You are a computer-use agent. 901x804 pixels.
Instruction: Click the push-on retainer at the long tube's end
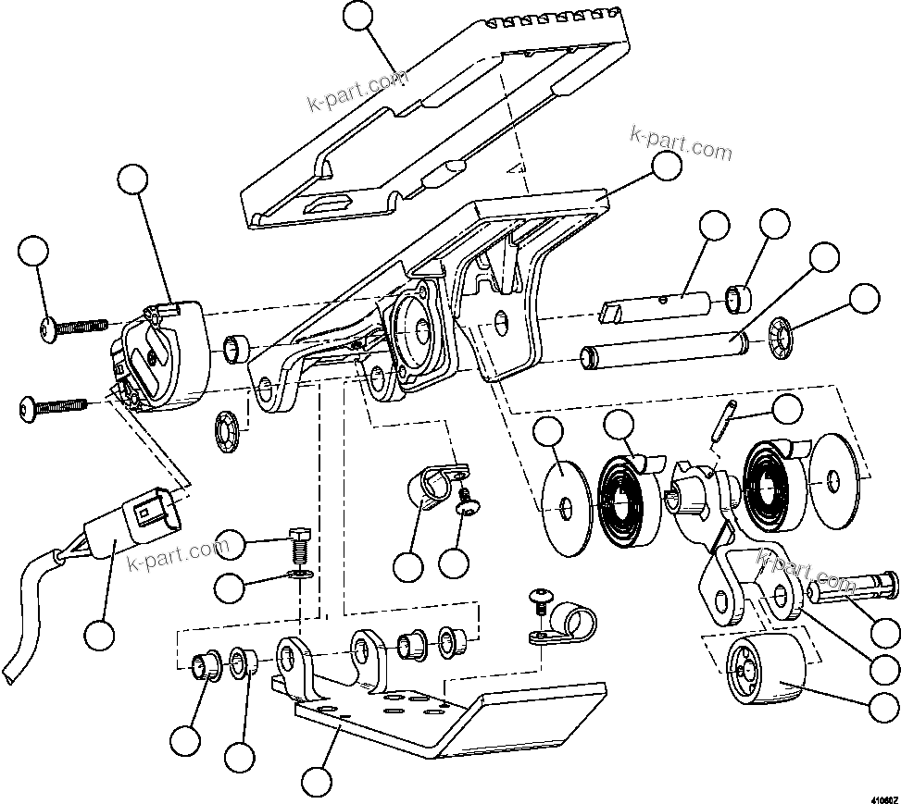coord(782,340)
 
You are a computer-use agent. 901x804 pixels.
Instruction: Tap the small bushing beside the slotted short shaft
coord(739,299)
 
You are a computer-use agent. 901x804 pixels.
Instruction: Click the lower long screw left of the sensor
coord(56,404)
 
